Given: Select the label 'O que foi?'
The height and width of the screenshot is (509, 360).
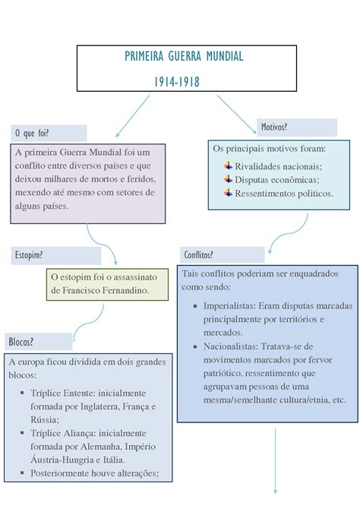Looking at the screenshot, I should coord(31,134).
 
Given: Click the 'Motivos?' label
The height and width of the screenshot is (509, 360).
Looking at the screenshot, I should coord(274,126).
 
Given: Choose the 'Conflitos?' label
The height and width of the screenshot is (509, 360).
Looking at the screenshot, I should coord(198,254).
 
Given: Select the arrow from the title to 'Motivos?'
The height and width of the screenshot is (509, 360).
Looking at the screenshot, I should coord(235,111).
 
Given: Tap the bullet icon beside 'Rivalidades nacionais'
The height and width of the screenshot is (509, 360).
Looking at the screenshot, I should coord(228,166).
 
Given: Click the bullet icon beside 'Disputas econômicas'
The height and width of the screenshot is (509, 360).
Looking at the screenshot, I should coord(228,179).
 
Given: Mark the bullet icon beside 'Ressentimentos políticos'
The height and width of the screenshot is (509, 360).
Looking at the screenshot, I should coord(228,193).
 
